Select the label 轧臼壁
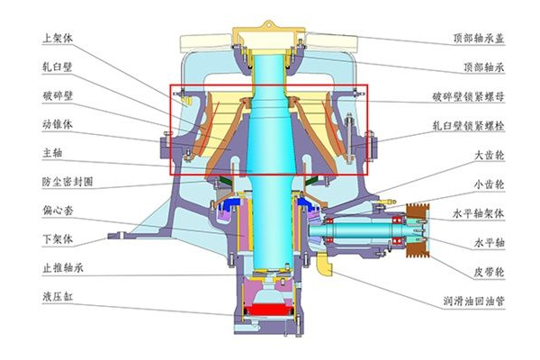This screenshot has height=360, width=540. (x=58, y=67)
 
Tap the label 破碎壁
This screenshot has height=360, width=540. (x=58, y=95)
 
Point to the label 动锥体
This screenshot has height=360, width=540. (x=58, y=123)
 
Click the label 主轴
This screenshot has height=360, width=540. (x=52, y=152)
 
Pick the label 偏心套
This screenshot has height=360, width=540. (x=58, y=211)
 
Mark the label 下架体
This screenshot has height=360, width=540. (x=58, y=241)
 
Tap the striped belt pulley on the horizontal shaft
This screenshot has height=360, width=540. (x=416, y=229)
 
